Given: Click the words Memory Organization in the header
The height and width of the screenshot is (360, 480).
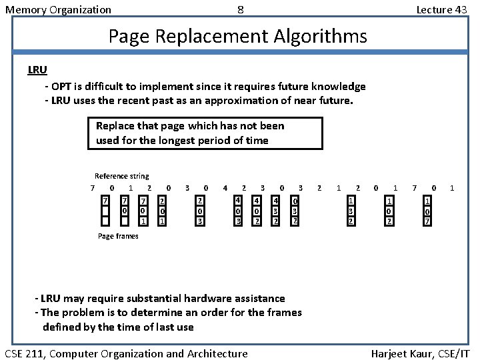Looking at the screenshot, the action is [58, 9].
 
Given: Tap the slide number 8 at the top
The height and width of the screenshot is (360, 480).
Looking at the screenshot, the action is [240, 9].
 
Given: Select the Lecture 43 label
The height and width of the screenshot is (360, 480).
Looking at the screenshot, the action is [441, 9].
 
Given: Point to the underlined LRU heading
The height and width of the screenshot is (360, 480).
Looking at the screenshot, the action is [37, 69].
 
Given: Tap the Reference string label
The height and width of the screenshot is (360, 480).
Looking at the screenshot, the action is [122, 176].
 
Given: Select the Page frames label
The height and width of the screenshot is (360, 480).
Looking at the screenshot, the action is [118, 236].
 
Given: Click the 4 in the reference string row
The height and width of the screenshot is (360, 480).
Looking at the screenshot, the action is [225, 188].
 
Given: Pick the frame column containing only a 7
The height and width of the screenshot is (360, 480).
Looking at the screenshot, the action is [105, 211].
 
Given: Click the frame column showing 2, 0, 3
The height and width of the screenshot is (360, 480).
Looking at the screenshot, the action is [200, 211].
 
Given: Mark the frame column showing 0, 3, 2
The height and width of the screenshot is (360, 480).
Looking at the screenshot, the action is [295, 211].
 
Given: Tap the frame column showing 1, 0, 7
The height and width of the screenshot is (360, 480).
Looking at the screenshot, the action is [428, 211].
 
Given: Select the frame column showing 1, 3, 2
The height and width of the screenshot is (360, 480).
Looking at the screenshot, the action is [351, 211].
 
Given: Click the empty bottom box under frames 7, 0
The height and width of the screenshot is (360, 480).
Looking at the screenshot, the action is [125, 221].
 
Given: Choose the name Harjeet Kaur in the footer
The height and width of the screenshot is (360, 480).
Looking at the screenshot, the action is [399, 353].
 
